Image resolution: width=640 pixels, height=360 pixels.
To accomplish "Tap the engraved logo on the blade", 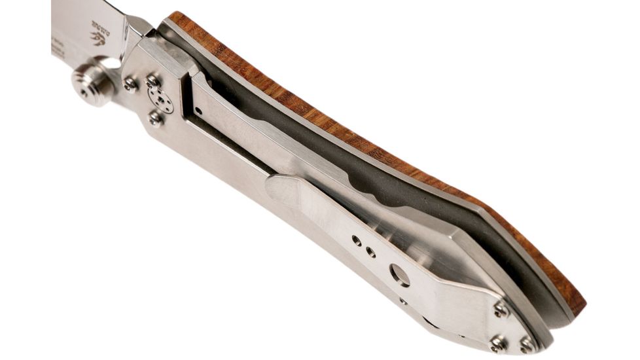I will [x=98, y=37].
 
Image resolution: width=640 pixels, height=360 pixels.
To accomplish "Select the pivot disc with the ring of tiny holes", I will [x=160, y=99].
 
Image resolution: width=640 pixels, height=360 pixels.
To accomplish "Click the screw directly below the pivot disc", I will [x=156, y=118].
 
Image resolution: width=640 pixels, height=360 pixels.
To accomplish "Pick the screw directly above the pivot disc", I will [x=152, y=81].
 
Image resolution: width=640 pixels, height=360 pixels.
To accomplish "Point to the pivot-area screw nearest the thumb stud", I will [x=130, y=84].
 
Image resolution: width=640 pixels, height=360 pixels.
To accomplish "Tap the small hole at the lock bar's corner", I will [x=198, y=112].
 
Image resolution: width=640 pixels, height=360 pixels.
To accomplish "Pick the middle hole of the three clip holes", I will [x=371, y=251].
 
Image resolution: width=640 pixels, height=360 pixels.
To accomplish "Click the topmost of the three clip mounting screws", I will [x=502, y=308].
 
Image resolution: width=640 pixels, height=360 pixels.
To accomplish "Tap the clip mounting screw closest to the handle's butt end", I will [x=527, y=344].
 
